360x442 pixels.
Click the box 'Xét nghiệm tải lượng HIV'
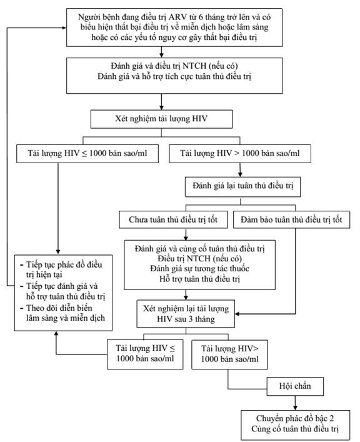(161, 119)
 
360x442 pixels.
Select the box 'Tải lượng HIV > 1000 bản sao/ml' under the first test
(240, 154)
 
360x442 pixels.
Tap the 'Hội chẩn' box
(295, 386)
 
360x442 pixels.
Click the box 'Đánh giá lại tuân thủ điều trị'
(242, 186)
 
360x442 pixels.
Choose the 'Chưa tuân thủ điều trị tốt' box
(173, 219)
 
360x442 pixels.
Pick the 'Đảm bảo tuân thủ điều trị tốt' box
(291, 219)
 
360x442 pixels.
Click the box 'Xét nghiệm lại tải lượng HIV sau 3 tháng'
(186, 314)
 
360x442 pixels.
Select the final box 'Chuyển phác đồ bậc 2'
(295, 424)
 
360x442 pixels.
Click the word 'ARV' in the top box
(178, 17)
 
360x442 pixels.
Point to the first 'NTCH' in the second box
(194, 66)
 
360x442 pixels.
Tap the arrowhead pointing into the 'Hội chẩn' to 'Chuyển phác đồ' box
(295, 408)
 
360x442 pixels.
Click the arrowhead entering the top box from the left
(64, 28)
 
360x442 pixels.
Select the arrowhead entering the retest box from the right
(237, 314)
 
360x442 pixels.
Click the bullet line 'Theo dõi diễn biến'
(59, 308)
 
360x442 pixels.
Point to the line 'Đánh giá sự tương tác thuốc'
(199, 268)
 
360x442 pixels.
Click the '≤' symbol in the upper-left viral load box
(84, 154)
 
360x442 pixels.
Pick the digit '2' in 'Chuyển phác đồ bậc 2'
(331, 419)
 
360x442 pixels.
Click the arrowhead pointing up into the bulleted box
(56, 334)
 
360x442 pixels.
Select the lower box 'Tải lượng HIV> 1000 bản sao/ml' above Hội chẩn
(230, 354)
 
